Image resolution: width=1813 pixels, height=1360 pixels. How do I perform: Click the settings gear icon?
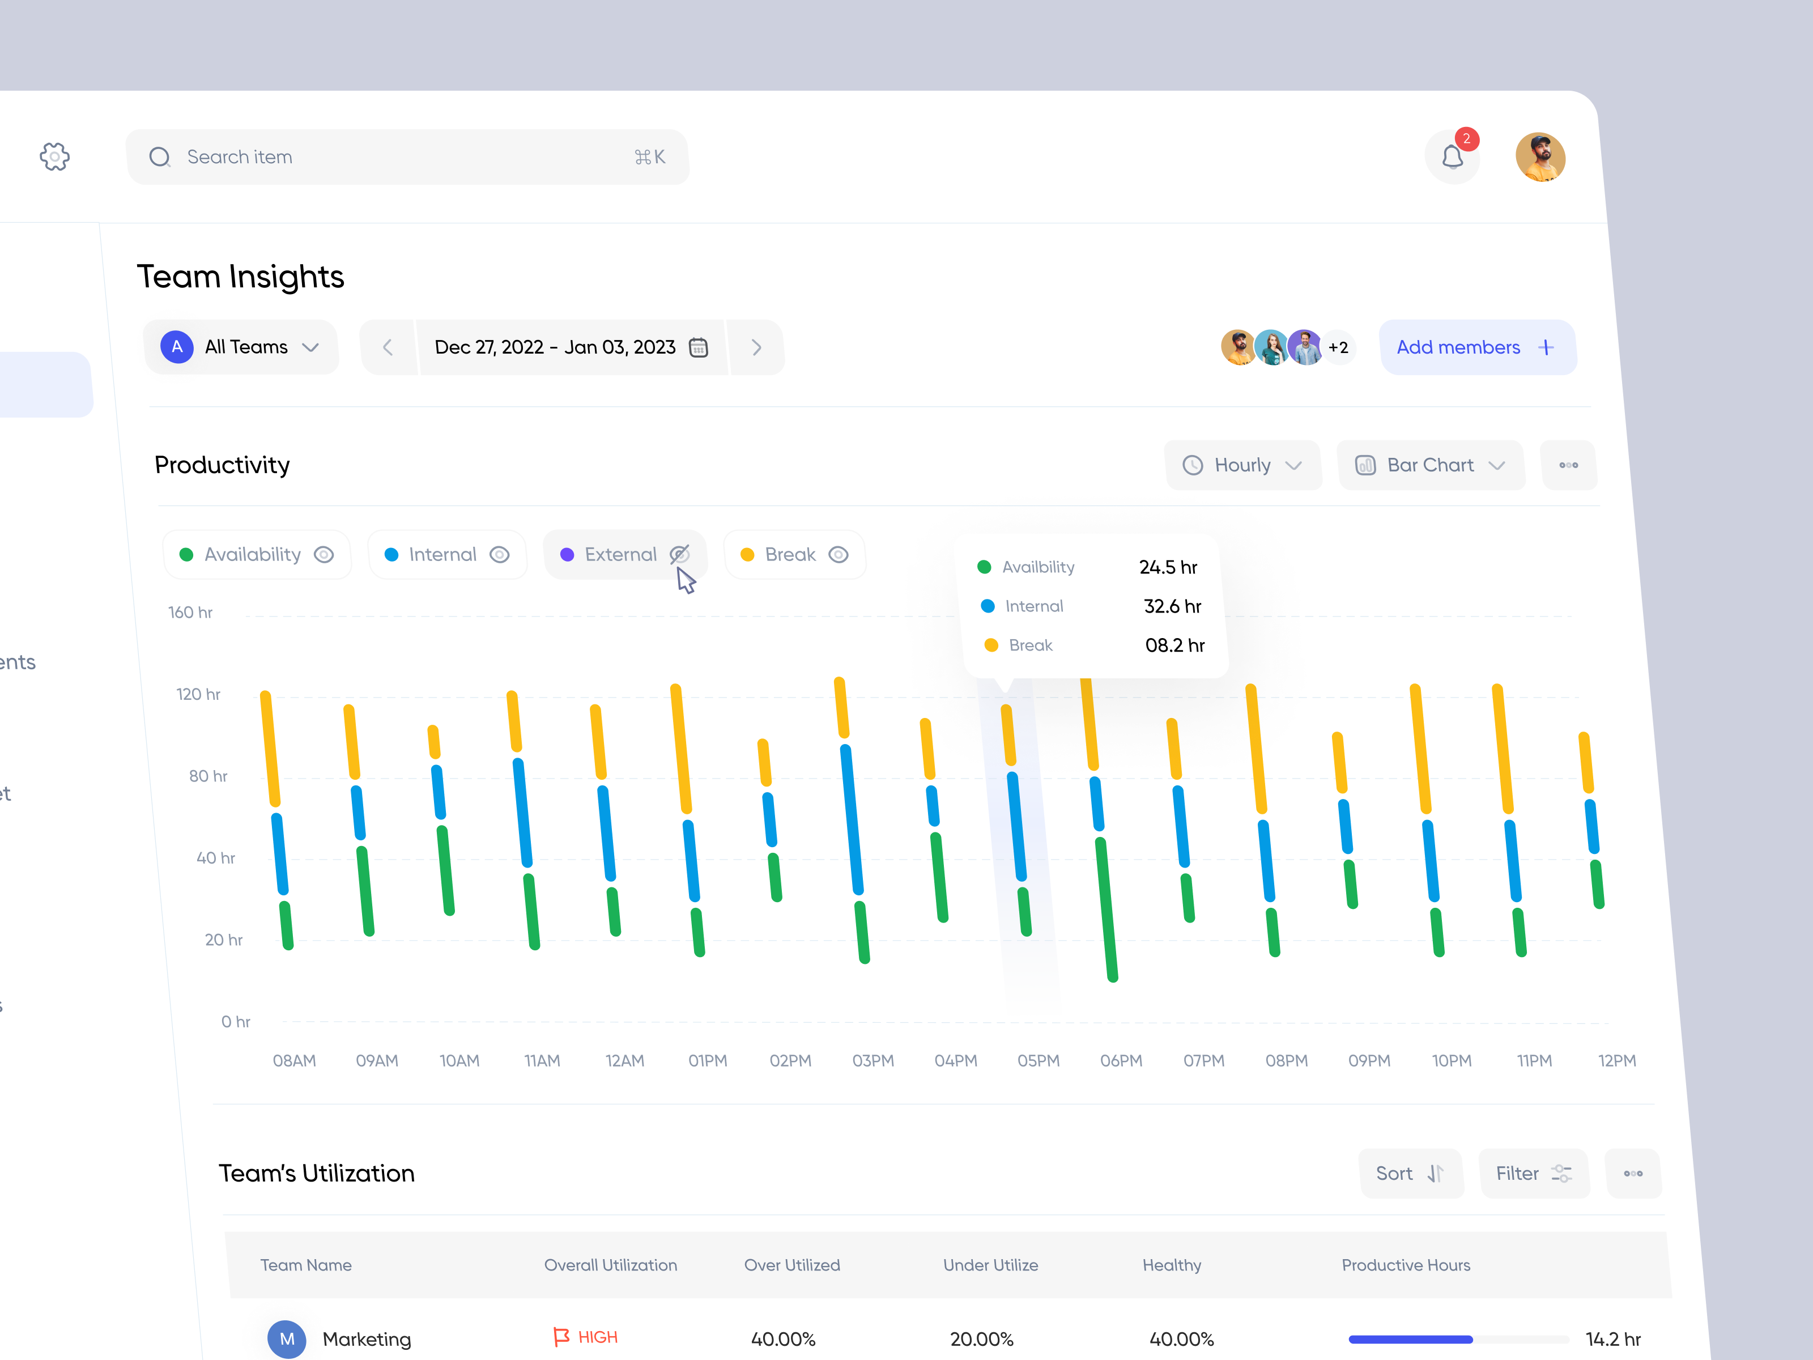coord(55,156)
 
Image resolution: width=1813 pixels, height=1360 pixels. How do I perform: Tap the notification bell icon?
coord(1452,156)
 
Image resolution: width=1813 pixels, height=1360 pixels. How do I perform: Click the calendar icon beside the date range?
coord(699,347)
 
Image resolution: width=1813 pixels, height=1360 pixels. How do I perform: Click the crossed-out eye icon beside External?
coord(679,555)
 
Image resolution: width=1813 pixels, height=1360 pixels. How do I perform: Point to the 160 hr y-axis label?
coord(190,613)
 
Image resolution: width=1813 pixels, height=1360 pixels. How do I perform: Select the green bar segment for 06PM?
coord(1106,908)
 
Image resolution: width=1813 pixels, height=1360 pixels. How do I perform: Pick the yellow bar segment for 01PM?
coord(681,747)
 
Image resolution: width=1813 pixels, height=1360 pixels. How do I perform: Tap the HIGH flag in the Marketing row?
coord(586,1337)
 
